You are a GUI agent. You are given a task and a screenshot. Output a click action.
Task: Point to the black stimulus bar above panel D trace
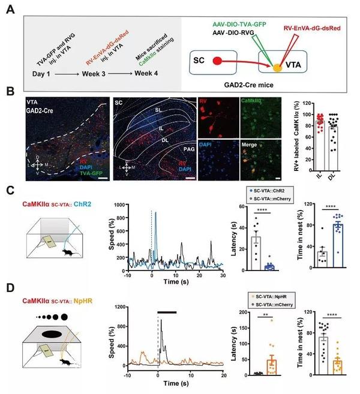(167, 312)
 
